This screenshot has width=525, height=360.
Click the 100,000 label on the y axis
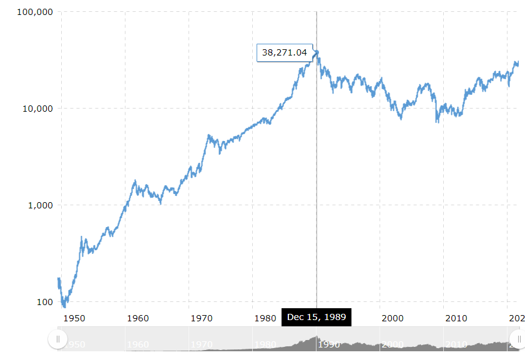(30, 12)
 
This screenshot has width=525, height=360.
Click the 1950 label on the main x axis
(74, 318)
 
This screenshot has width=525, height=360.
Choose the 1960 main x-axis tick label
(137, 318)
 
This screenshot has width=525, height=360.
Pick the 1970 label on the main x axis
(201, 318)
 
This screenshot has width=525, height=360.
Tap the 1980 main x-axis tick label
(265, 318)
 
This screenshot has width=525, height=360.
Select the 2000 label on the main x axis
(392, 318)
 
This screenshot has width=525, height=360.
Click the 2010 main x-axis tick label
(456, 318)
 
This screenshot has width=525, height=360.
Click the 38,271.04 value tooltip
(285, 52)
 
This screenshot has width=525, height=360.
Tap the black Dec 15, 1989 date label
(316, 317)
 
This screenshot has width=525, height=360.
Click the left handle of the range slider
(57, 339)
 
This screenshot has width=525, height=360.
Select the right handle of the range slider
(518, 339)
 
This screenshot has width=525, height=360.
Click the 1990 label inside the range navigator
(329, 344)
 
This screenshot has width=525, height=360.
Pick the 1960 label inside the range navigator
(139, 344)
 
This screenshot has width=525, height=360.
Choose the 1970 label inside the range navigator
(202, 344)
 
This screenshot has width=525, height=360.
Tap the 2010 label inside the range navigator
(456, 344)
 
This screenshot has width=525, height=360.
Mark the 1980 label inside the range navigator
(266, 344)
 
